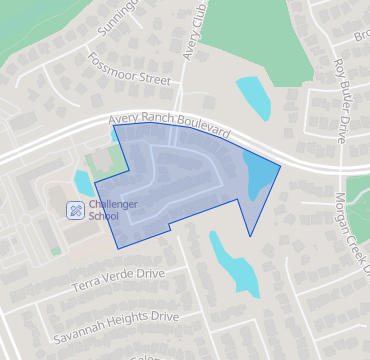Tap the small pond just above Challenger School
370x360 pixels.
coord(82,183)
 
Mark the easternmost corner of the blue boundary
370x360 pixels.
coord(280,165)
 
